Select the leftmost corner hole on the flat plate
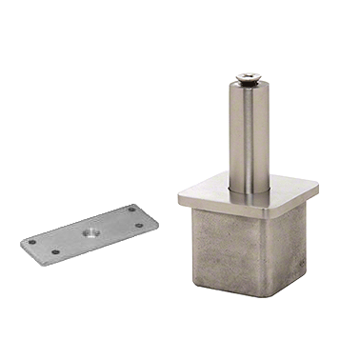coord(32,241)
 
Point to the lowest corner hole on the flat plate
coord(55,251)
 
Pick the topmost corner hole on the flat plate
coord(131,209)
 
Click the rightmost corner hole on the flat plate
coord(139,226)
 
